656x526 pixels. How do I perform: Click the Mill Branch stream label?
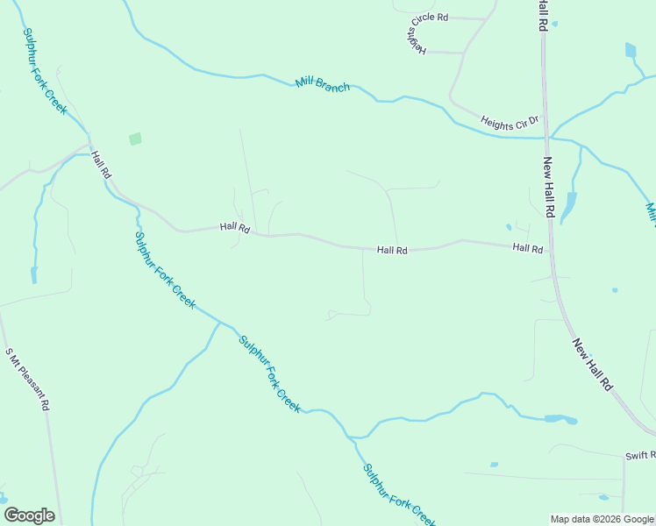(x=323, y=84)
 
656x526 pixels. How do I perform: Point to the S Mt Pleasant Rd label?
(x=27, y=380)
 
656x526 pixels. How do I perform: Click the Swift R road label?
(x=639, y=456)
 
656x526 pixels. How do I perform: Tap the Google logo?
(x=29, y=515)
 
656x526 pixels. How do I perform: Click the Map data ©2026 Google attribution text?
(x=602, y=519)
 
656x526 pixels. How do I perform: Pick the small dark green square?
(x=135, y=139)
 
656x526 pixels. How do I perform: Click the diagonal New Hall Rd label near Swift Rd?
(x=593, y=364)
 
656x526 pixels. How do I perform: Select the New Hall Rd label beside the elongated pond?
(x=549, y=187)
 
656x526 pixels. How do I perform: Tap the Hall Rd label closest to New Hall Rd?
(x=528, y=249)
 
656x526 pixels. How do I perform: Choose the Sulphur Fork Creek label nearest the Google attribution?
(x=399, y=494)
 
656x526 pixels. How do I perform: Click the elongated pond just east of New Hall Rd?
(x=570, y=206)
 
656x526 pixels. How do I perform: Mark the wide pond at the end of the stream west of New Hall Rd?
(x=560, y=419)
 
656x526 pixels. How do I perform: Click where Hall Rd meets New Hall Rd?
(x=553, y=252)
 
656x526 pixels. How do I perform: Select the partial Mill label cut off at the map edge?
(x=651, y=212)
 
